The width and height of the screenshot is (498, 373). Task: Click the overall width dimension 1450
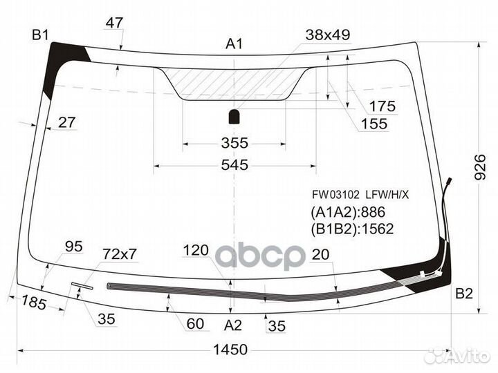click(230, 350)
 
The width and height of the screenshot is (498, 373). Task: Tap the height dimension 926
click(480, 167)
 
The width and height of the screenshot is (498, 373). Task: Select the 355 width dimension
click(234, 143)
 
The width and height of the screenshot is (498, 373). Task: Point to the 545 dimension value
click(234, 165)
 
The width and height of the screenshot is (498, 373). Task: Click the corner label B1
click(40, 35)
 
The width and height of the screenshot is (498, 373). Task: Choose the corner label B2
click(464, 294)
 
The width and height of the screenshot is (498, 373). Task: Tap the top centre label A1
click(234, 44)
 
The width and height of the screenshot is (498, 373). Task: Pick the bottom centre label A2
click(233, 325)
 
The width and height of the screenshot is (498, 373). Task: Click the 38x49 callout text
click(328, 35)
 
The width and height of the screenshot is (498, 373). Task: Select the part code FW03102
click(335, 194)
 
